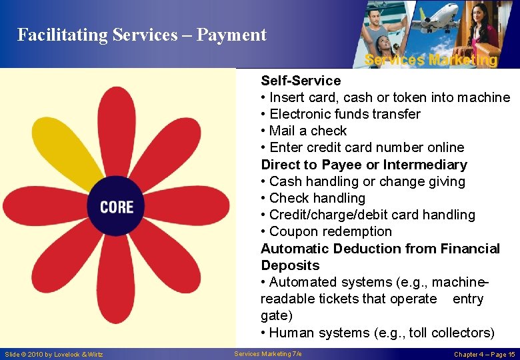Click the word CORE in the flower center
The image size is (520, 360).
pos(117,207)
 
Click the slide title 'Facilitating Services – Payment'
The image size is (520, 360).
pos(141,35)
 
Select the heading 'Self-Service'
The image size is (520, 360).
pos(301,81)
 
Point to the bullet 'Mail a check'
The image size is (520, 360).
pos(307,131)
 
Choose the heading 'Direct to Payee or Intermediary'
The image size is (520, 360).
pos(364,165)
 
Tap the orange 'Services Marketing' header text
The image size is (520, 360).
pos(431,60)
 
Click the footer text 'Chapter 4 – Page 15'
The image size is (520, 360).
pos(484,354)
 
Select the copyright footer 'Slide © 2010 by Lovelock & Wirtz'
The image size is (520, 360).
pos(53,354)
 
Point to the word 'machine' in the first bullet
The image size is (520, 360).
pos(484,97)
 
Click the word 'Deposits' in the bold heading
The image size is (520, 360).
pos(290,265)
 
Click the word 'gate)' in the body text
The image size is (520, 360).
pos(276,315)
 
